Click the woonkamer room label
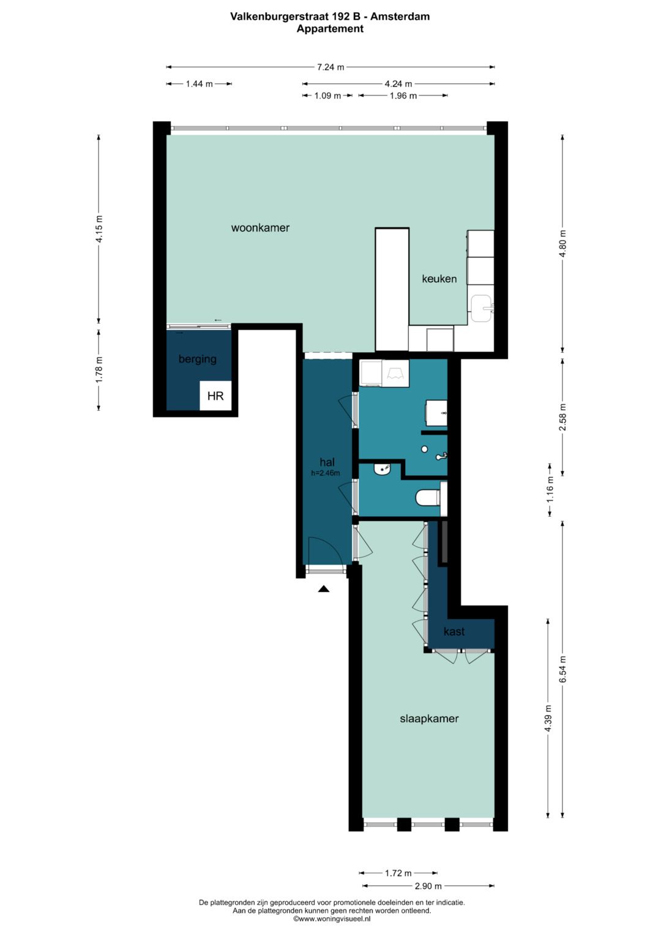coord(260,228)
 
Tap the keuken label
coord(439,279)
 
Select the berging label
coord(197,359)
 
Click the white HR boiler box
coord(215,396)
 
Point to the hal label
coord(327,462)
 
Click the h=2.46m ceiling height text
coord(326,473)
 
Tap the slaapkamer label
coord(429,719)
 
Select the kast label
coord(454,631)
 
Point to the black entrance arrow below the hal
coord(324,589)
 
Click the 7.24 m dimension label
coord(330,67)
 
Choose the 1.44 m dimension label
coord(199,84)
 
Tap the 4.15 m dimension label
coord(99,229)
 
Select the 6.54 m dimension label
coord(563,669)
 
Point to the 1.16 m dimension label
coord(550,489)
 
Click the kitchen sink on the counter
coord(482,309)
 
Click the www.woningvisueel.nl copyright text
coord(332,918)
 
